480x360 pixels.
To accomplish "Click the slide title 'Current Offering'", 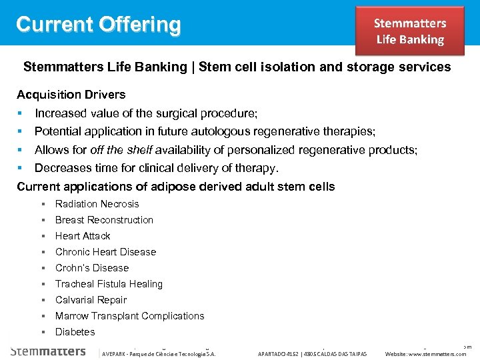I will click(x=99, y=25).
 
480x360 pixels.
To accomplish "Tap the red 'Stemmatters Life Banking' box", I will click(x=409, y=31).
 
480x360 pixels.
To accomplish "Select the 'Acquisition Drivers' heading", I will click(x=71, y=95).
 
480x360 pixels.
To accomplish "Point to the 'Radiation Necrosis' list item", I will click(x=97, y=204).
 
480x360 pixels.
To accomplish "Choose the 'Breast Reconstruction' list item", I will click(x=104, y=220).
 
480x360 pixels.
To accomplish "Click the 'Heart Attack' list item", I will click(x=83, y=236).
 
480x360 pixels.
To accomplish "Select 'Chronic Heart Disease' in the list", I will click(x=105, y=252).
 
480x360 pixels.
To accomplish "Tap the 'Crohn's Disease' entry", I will click(x=92, y=268).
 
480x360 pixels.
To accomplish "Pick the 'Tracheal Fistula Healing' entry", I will click(x=109, y=284).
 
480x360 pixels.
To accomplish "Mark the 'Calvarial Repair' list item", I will click(x=91, y=300).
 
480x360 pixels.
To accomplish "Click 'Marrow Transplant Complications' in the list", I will click(x=130, y=316).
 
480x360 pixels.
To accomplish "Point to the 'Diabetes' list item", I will click(x=75, y=332).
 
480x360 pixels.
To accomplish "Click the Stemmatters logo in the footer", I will click(x=48, y=351).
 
